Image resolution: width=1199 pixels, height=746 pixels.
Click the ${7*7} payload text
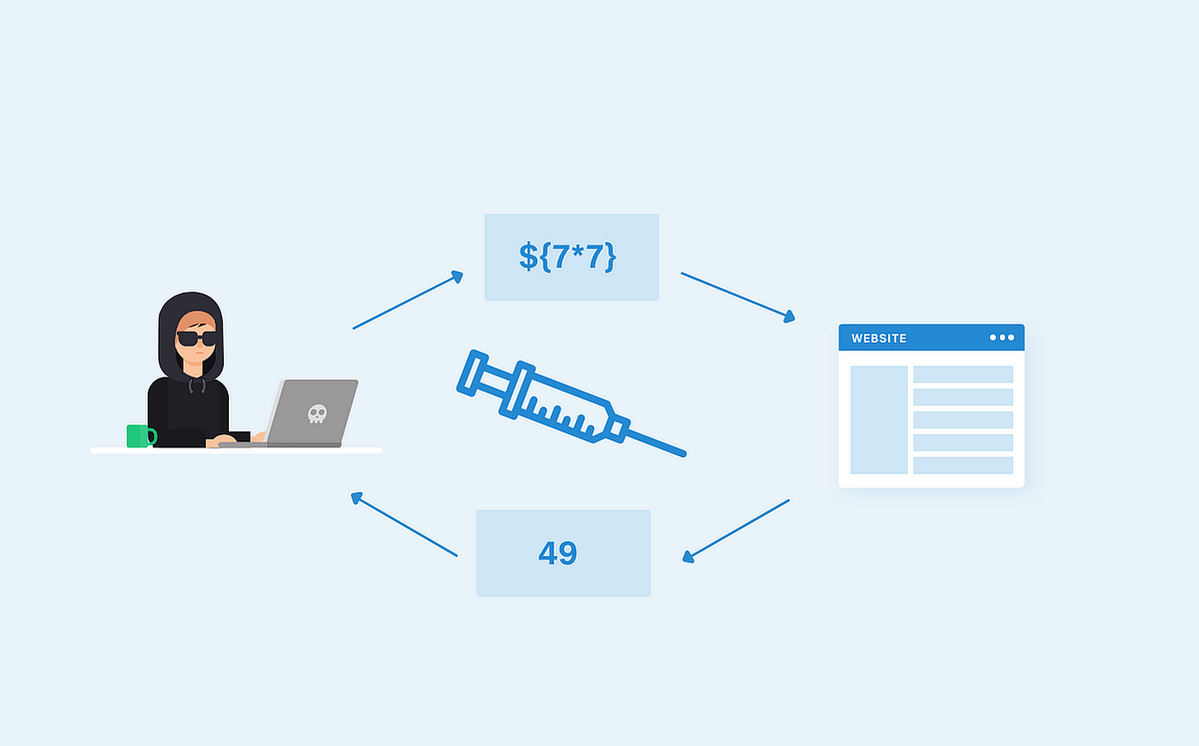tap(568, 256)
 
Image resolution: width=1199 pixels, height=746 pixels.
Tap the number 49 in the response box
tap(558, 553)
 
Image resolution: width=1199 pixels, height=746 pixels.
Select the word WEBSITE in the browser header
tap(878, 339)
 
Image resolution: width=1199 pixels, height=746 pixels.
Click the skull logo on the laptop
tap(317, 412)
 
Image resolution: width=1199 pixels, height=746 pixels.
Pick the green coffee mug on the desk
tap(140, 435)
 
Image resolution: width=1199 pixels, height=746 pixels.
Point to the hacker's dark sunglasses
tap(196, 338)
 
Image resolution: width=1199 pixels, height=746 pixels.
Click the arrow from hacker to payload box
tap(408, 300)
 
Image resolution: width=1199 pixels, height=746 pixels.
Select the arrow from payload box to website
tap(738, 297)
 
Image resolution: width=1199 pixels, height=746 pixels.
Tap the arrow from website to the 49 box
tap(736, 530)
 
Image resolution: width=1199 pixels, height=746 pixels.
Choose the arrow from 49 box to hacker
tap(404, 524)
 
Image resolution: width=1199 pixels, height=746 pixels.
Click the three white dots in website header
tap(1001, 338)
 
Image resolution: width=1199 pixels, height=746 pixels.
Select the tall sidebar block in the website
tap(878, 419)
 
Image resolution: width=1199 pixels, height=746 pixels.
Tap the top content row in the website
tap(962, 374)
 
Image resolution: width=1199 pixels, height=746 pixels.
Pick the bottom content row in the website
tap(962, 465)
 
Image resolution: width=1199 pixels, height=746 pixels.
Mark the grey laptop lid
tap(312, 411)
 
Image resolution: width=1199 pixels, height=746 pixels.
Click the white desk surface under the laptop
tap(236, 451)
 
